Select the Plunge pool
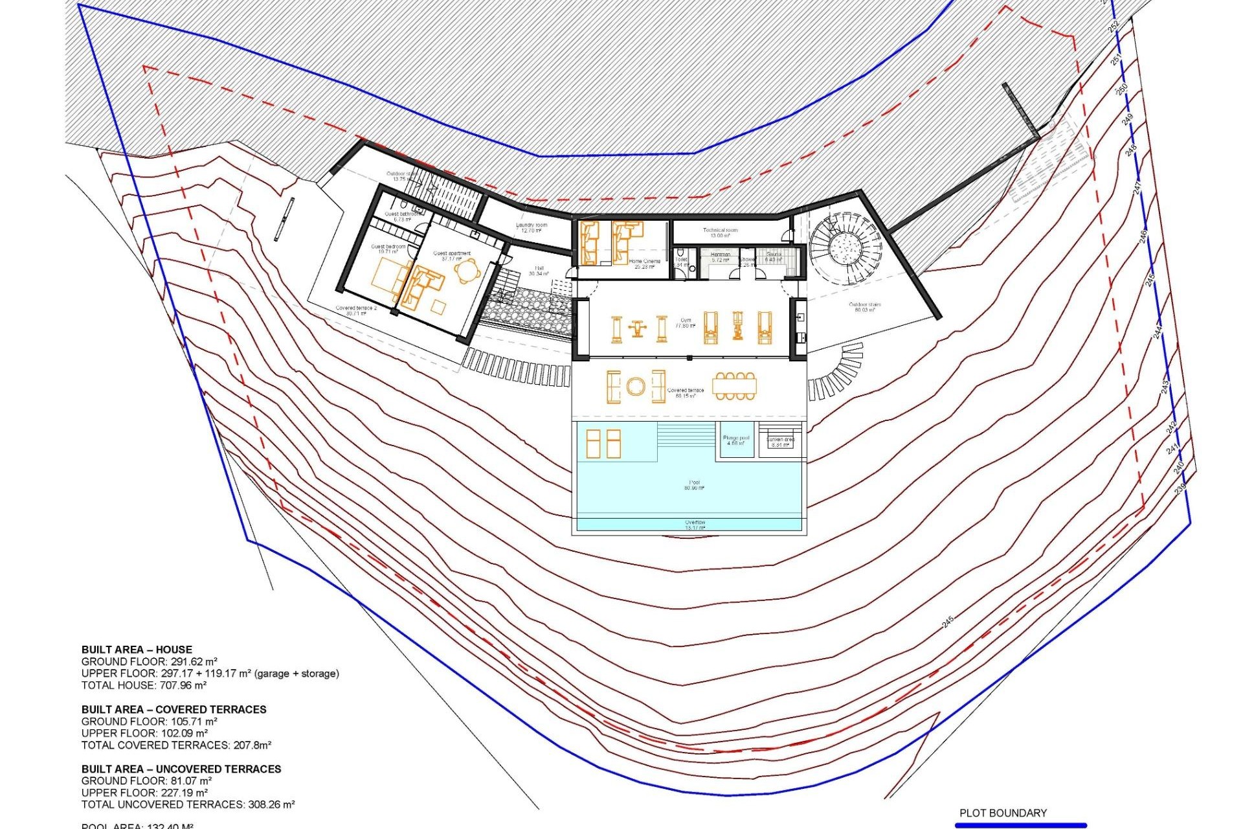point(736,440)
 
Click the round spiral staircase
point(845,248)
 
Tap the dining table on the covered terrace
point(734,386)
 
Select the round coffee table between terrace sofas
point(635,387)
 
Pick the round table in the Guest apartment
point(467,271)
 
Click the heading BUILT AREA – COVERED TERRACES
point(174,709)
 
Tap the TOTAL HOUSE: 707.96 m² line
point(144,685)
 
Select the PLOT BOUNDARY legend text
point(1003,813)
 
